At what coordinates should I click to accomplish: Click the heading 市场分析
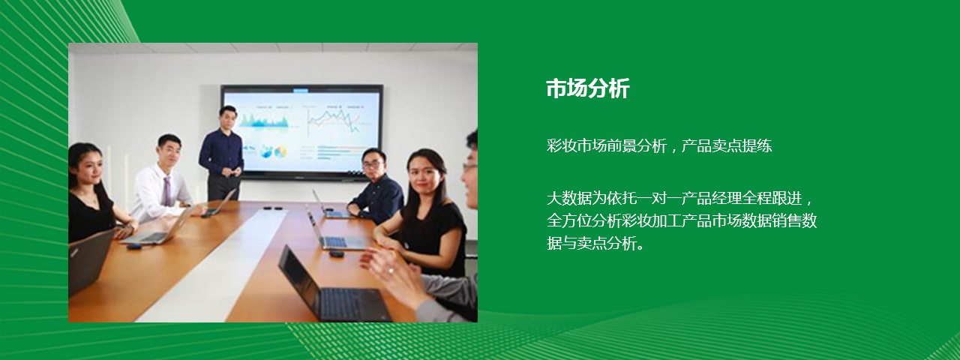pos(587,88)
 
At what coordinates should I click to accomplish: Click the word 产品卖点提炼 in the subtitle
pos(727,145)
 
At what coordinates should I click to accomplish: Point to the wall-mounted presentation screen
pos(301,132)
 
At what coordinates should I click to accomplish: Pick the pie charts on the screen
pos(272,151)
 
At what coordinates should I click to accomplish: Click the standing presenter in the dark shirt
pos(222,153)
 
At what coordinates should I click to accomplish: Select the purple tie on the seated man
pos(166,191)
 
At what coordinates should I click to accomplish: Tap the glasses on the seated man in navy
pos(371,163)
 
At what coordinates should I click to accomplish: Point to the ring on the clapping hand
pos(391,271)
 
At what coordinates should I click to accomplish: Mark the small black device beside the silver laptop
pos(134,246)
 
